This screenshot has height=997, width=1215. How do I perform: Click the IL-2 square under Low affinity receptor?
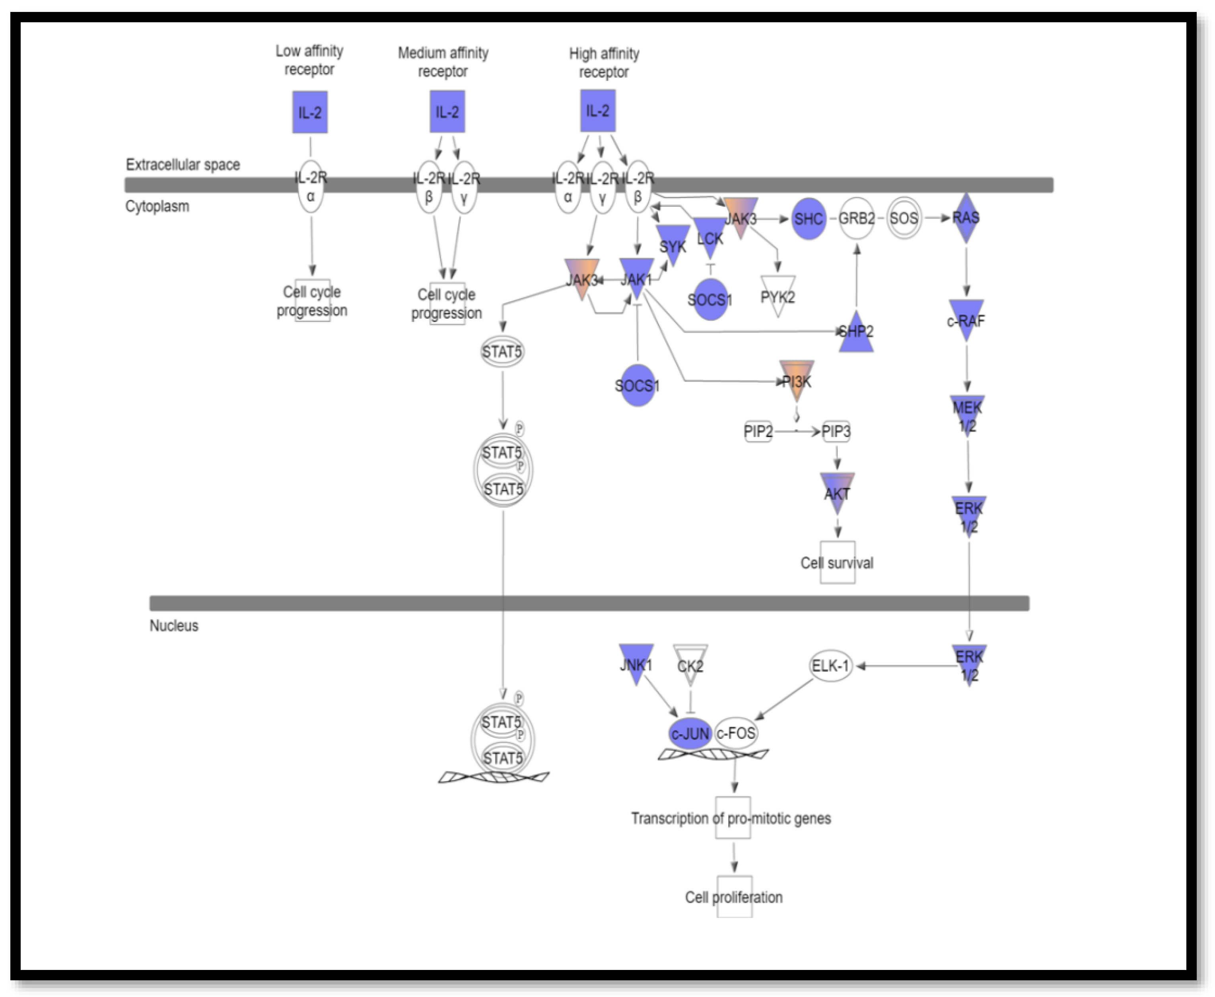click(x=310, y=112)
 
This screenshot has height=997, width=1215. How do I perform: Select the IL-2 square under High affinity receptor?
click(x=598, y=110)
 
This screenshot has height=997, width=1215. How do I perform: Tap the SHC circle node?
click(x=809, y=218)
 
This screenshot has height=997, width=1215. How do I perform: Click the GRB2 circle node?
click(x=856, y=218)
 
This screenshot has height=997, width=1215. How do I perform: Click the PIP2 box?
click(x=758, y=431)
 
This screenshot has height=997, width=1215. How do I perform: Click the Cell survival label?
click(x=837, y=563)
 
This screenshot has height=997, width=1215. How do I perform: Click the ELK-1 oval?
click(x=830, y=666)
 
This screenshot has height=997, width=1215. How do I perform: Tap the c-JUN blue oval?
click(x=690, y=733)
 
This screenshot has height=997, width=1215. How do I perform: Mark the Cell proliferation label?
click(x=734, y=897)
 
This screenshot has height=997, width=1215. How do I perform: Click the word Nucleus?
click(x=174, y=625)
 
